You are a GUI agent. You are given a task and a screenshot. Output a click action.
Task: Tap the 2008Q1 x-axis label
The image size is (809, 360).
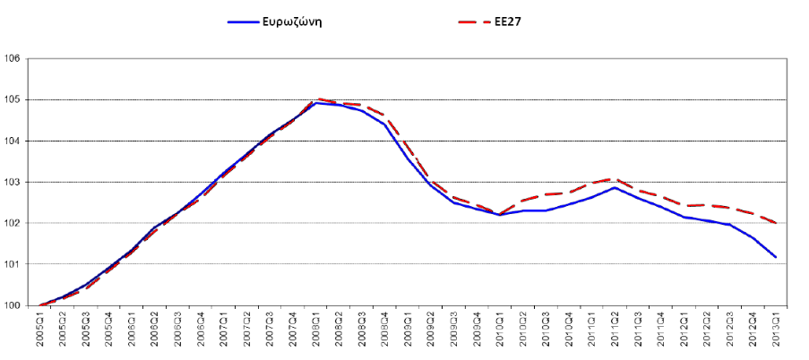(x=317, y=333)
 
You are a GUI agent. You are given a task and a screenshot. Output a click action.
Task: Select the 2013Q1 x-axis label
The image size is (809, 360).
(x=776, y=333)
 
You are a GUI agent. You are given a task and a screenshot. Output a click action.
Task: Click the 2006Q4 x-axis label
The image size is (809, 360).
(x=202, y=333)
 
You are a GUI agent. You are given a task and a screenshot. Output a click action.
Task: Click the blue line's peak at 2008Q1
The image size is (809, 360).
(x=317, y=103)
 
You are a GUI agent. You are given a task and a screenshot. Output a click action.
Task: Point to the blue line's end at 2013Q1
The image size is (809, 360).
(x=776, y=257)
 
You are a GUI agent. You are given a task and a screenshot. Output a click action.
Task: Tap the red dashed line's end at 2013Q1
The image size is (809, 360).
(x=776, y=223)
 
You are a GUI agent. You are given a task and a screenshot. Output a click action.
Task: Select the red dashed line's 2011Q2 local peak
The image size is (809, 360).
(x=614, y=179)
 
